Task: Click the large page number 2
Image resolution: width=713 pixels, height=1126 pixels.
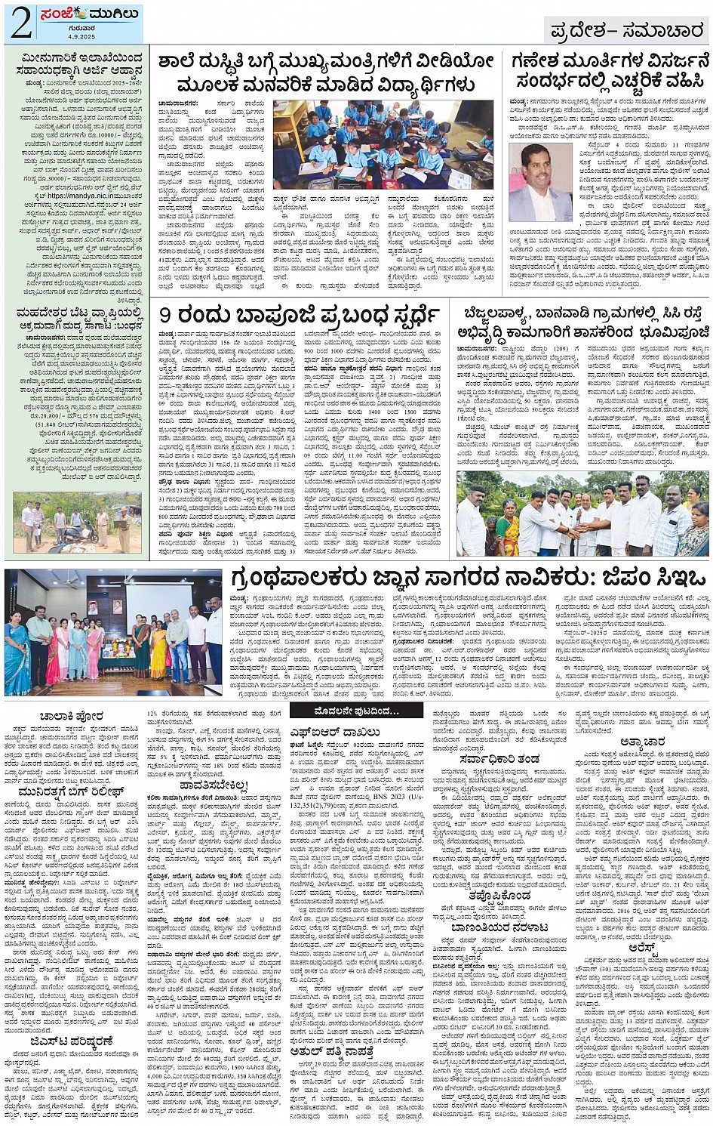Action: pos(20,25)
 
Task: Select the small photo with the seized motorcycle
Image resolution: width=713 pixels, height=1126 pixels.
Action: pos(76,522)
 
